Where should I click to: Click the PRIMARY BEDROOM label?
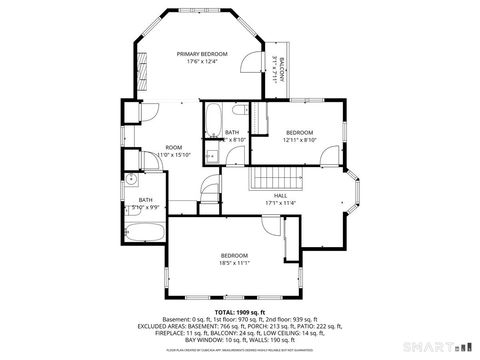point(202,54)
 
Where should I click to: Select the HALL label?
point(280,195)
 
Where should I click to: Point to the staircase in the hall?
point(268,179)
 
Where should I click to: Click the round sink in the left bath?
point(131,182)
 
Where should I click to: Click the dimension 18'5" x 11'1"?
point(234,263)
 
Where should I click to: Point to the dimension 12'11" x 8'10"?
point(300,140)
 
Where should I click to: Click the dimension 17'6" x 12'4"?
point(202,62)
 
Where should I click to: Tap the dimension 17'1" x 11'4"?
point(280,203)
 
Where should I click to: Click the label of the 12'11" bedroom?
point(300,132)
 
